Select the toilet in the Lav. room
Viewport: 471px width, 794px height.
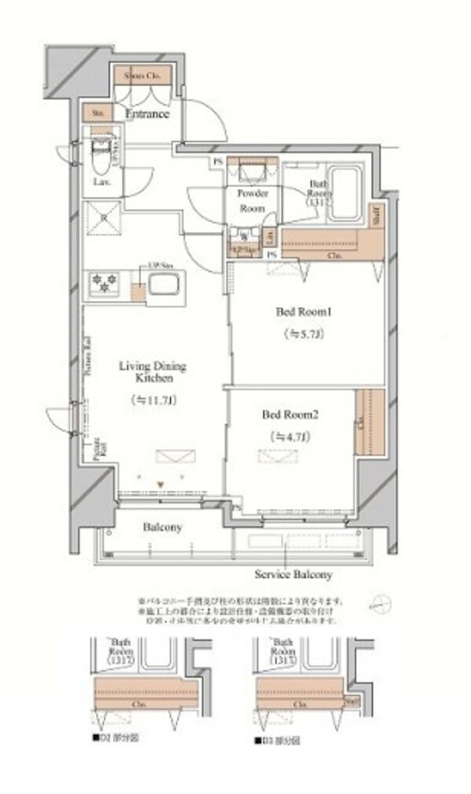point(100,157)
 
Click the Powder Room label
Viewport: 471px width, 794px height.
point(252,201)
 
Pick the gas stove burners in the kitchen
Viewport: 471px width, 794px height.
point(104,283)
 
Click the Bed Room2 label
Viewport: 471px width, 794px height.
point(290,414)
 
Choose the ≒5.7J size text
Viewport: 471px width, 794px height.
point(301,333)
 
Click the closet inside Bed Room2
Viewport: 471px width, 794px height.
point(367,423)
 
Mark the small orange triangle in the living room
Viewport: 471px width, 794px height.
point(161,485)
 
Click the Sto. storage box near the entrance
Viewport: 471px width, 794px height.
point(99,112)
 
